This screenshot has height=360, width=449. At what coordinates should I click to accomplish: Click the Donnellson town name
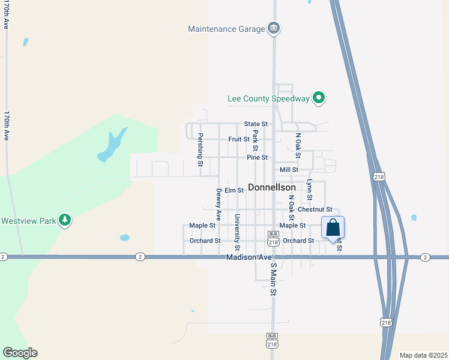point(271,187)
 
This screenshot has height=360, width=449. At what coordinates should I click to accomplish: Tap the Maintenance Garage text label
point(226,29)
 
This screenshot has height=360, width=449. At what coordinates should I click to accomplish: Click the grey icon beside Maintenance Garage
point(273,28)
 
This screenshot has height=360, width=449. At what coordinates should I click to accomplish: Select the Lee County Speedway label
point(268,98)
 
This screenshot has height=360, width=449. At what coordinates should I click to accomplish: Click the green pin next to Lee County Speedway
point(319,98)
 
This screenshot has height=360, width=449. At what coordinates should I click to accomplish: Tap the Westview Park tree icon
point(65,221)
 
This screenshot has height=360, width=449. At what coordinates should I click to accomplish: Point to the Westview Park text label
point(28,221)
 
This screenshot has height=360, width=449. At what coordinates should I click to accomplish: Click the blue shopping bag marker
point(333,228)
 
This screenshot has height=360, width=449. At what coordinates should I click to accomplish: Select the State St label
point(256,124)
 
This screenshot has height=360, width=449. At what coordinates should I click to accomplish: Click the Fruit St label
point(239,139)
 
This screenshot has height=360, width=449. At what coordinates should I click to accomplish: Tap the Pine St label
point(257,157)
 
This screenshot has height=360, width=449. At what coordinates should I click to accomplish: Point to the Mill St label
point(289,170)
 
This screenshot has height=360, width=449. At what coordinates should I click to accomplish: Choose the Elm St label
point(234,190)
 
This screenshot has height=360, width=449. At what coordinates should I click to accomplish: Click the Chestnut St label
point(315,209)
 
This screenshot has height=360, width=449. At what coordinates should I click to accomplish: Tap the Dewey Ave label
point(219,204)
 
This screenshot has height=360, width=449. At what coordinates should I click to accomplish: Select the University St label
point(237,232)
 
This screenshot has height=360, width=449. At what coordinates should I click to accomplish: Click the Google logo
point(20,353)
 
